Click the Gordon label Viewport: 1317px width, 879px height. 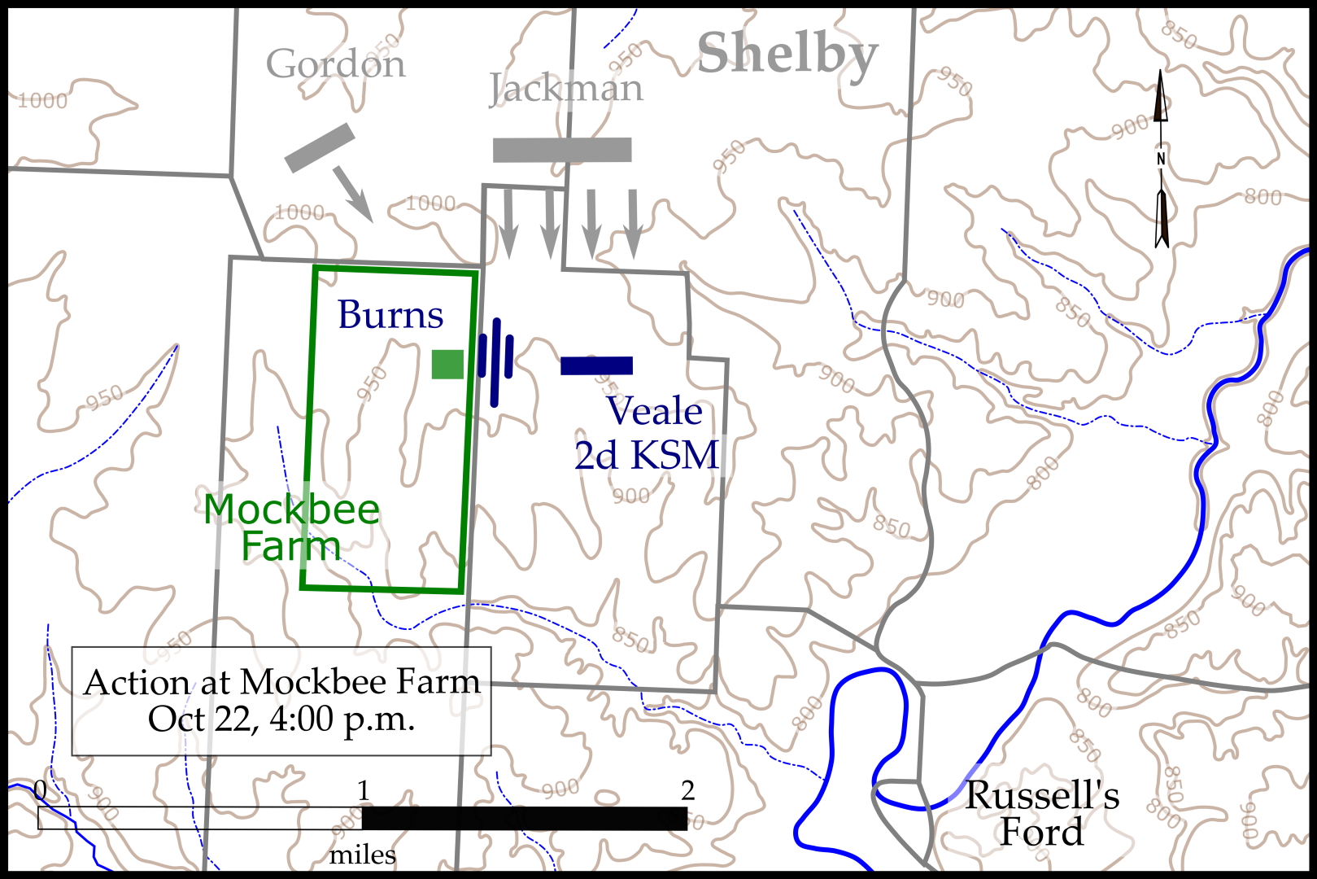click(x=335, y=63)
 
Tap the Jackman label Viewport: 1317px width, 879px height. click(x=566, y=88)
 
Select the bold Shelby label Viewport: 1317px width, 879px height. click(x=787, y=54)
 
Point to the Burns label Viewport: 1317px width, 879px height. click(x=390, y=314)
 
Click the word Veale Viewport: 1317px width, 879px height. click(x=654, y=411)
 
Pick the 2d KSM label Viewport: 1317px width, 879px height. click(x=647, y=455)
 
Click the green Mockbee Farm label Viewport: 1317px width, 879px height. click(x=291, y=527)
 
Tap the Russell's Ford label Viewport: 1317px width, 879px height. click(x=1042, y=813)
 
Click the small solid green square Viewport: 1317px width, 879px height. click(x=447, y=365)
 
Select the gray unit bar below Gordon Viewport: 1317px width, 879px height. click(x=320, y=147)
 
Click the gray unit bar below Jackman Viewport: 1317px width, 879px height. click(x=562, y=150)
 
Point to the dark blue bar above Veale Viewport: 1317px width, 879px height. click(x=596, y=365)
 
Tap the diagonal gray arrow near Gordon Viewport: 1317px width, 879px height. click(x=353, y=194)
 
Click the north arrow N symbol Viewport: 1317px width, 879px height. click(x=1161, y=159)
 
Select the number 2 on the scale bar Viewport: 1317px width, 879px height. click(x=687, y=790)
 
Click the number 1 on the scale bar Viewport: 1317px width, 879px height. click(x=363, y=790)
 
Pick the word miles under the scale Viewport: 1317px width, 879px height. click(x=363, y=855)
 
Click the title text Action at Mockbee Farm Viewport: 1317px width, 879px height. click(x=281, y=682)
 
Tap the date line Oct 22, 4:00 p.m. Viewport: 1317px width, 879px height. click(x=281, y=719)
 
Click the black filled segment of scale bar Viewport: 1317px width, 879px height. click(x=525, y=818)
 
